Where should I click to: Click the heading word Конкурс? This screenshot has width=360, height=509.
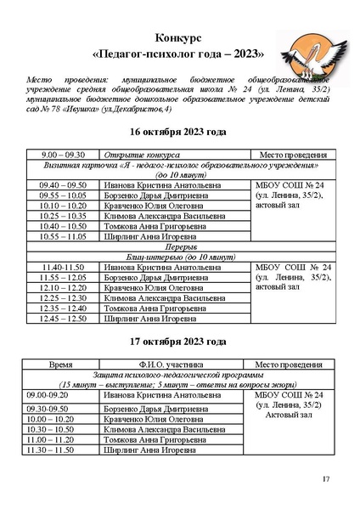point(178,39)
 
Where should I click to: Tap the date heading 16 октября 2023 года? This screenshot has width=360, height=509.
point(178,133)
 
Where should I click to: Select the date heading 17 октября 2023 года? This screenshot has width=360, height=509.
point(178,342)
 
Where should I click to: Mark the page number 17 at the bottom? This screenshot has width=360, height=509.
point(325,480)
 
